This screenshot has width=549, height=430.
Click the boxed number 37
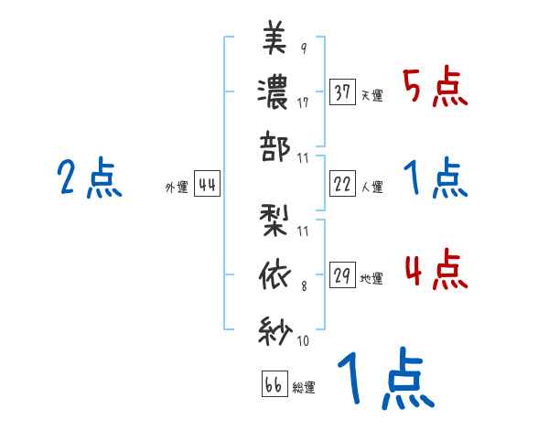(x=343, y=92)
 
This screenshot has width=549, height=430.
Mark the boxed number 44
(x=207, y=186)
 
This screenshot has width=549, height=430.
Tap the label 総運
(x=304, y=388)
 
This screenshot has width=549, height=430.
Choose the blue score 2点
(x=89, y=178)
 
